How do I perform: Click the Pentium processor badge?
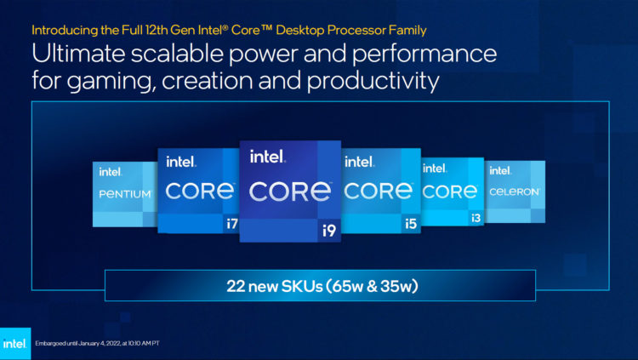tap(124, 193)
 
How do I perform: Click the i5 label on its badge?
tap(409, 223)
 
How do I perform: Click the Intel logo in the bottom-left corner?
tap(14, 344)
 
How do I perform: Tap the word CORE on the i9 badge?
tap(290, 189)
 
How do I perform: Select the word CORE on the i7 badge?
tap(200, 191)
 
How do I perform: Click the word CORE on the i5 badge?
tap(379, 191)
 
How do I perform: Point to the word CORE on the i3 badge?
tap(452, 191)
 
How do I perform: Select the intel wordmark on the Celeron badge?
tap(502, 171)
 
